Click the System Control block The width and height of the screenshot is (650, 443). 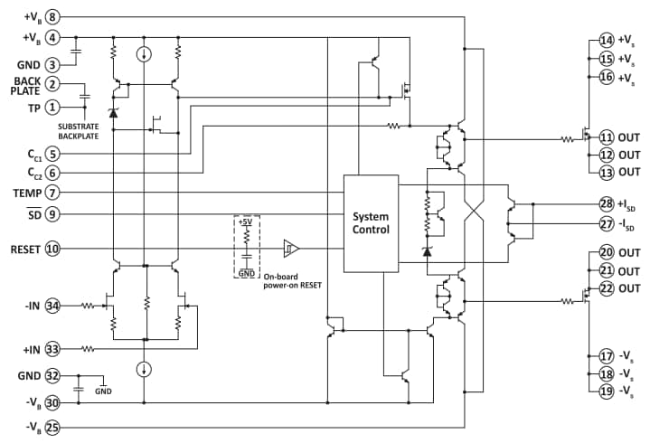(x=371, y=222)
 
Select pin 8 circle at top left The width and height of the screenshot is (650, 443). (x=53, y=16)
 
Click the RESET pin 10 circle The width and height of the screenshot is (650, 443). (x=53, y=249)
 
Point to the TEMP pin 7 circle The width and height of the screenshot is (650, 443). (x=53, y=193)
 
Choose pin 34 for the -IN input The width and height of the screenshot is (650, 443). (x=53, y=306)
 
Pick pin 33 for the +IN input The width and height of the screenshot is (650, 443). (x=53, y=347)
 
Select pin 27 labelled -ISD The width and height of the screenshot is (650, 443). (x=606, y=223)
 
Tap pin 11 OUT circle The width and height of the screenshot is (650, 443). (x=606, y=137)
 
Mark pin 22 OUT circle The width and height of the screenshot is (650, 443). (x=606, y=288)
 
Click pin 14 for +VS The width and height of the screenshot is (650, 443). (x=606, y=41)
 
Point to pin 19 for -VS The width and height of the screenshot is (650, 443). (x=606, y=391)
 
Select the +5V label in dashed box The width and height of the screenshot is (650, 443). (x=246, y=221)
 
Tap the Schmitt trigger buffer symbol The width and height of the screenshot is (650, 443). (x=290, y=249)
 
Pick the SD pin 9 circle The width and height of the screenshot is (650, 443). (x=53, y=214)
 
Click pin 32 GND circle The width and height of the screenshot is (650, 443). (x=53, y=375)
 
